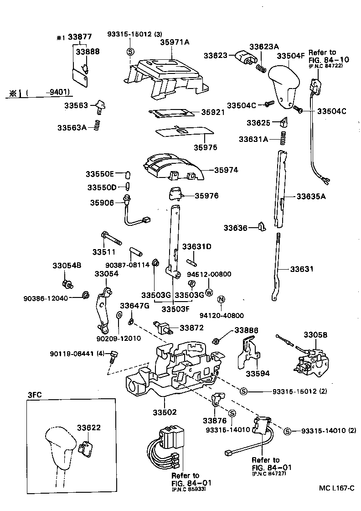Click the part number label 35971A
tap(174, 42)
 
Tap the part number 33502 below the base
tap(164, 412)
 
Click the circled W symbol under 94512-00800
tap(209, 292)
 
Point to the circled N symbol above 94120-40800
tap(221, 299)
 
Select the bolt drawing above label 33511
tap(109, 238)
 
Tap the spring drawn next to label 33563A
tap(96, 125)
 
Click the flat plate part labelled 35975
tap(185, 132)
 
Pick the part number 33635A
tap(312, 197)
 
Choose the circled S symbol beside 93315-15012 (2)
tap(243, 391)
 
